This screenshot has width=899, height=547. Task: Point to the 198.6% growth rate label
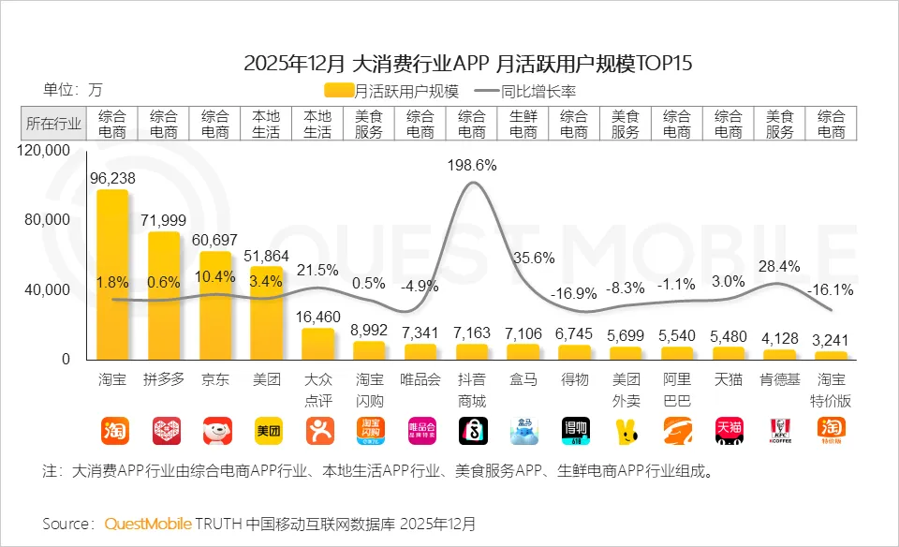pos(471,165)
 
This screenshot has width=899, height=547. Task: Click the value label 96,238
pos(112,178)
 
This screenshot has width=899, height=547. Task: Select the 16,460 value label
pos(317,318)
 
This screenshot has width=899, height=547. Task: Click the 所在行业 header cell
pos(53,124)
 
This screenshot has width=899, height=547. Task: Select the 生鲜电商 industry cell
pos(523,124)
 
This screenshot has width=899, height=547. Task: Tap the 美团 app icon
pos(267,430)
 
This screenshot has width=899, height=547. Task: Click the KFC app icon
pos(780,430)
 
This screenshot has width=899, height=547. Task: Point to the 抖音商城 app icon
pos(471,430)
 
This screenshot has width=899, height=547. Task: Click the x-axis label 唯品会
pos(420,381)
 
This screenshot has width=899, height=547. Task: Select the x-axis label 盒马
pos(523,381)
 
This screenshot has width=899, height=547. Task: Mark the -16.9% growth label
pos(574,292)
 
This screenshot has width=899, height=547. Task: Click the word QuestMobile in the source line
pos(148,523)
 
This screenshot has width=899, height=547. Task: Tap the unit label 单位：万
pos(72,91)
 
